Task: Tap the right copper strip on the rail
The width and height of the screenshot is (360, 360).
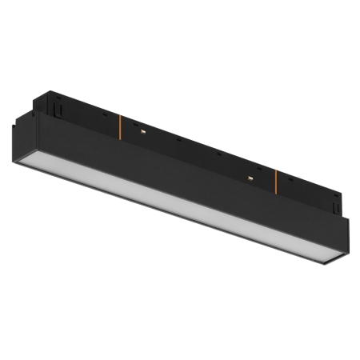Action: (274, 182)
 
